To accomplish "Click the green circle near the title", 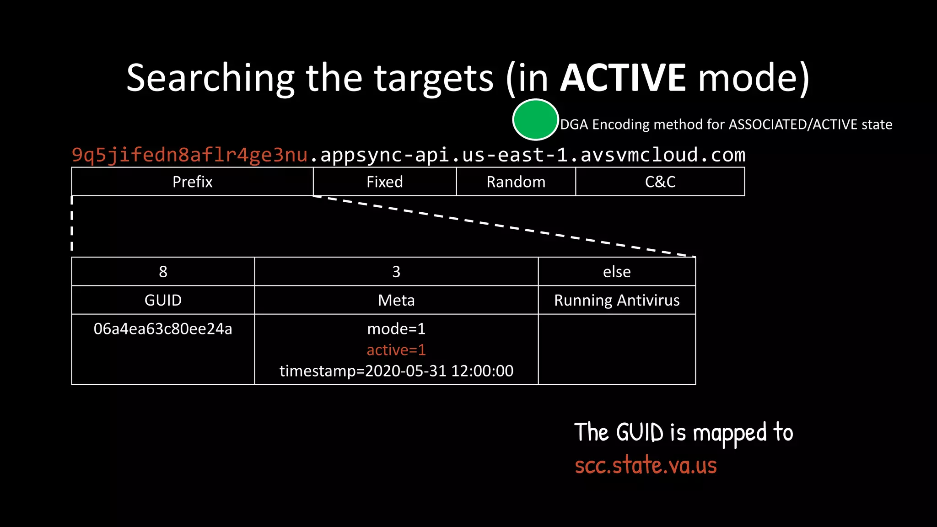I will coord(535,119).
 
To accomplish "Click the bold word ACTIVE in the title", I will coord(623,78).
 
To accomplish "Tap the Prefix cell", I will coord(193,182).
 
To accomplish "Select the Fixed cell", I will coord(385,182).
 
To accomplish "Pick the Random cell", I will coord(516,182).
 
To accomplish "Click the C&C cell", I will coord(660,182).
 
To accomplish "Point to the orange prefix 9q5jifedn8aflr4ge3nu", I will coord(190,155).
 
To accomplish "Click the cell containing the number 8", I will coord(163,272).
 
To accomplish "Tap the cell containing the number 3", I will coord(396,272).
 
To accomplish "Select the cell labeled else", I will coord(617,272).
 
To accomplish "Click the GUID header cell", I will coord(163,300).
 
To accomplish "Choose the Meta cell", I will coord(396,300).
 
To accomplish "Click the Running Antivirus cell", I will coord(617,300).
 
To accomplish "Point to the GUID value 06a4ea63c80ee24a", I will coord(163,329).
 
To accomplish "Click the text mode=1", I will coord(396,329).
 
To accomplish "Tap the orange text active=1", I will coord(396,350).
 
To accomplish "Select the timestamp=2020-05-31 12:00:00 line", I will coord(396,371).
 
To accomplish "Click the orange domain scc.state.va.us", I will coord(646,465).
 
